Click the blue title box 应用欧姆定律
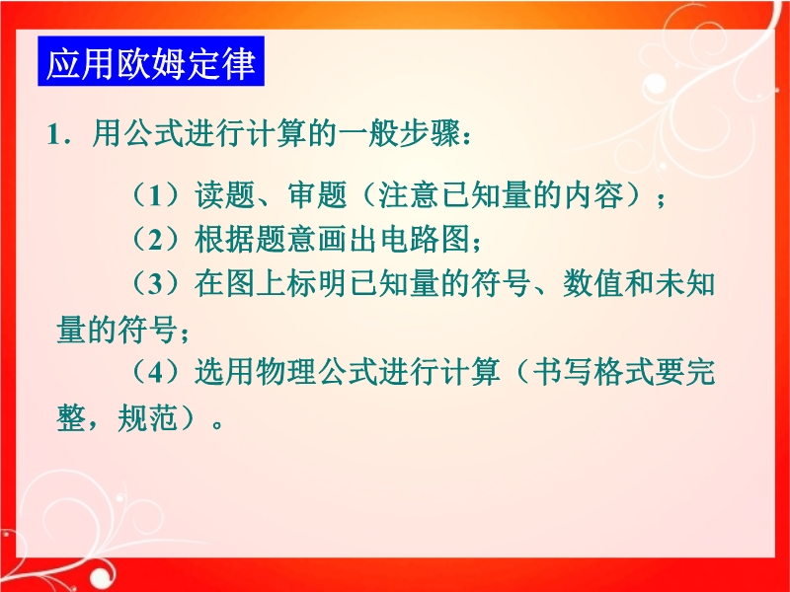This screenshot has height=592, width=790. tap(151, 61)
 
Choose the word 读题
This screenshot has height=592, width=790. tap(225, 194)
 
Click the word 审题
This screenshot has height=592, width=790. tap(317, 194)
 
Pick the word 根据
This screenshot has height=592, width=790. tap(225, 239)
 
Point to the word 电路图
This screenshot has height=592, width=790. tap(425, 239)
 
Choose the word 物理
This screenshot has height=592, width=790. tap(286, 372)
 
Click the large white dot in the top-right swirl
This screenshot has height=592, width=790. tap(655, 83)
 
